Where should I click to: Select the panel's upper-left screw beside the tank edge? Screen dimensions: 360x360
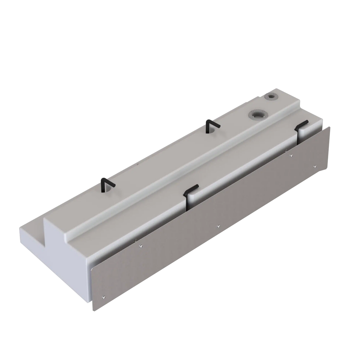(x=141, y=246)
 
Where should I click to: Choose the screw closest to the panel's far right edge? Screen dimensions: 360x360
(x=316, y=166)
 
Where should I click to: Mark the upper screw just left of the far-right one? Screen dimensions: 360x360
(x=291, y=155)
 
